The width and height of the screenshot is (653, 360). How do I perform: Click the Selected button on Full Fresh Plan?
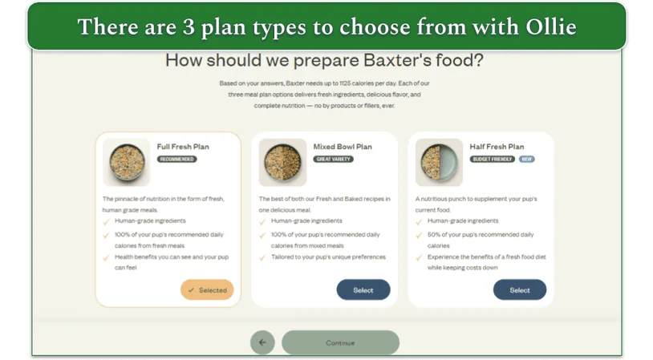[207, 290]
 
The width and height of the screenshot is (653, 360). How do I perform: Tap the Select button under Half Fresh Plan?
[519, 290]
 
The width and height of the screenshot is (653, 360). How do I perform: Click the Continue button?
[340, 342]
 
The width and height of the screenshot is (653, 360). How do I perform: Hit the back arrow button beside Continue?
[262, 342]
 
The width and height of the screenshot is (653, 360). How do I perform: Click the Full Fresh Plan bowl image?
[126, 163]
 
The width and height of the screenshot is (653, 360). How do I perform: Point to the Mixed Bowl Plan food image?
[282, 163]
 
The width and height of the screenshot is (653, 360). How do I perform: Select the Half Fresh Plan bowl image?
[439, 163]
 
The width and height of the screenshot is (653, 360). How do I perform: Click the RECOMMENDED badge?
[177, 160]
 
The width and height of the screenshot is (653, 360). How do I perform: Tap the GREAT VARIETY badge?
[334, 160]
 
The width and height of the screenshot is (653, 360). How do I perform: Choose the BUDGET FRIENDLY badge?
[493, 160]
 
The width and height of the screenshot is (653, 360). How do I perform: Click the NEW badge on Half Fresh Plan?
[527, 160]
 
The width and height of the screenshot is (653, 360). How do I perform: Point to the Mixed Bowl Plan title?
[343, 147]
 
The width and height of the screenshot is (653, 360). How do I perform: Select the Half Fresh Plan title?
[497, 147]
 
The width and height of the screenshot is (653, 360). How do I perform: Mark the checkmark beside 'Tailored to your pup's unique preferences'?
[263, 257]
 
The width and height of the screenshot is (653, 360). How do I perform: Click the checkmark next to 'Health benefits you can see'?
[107, 257]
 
